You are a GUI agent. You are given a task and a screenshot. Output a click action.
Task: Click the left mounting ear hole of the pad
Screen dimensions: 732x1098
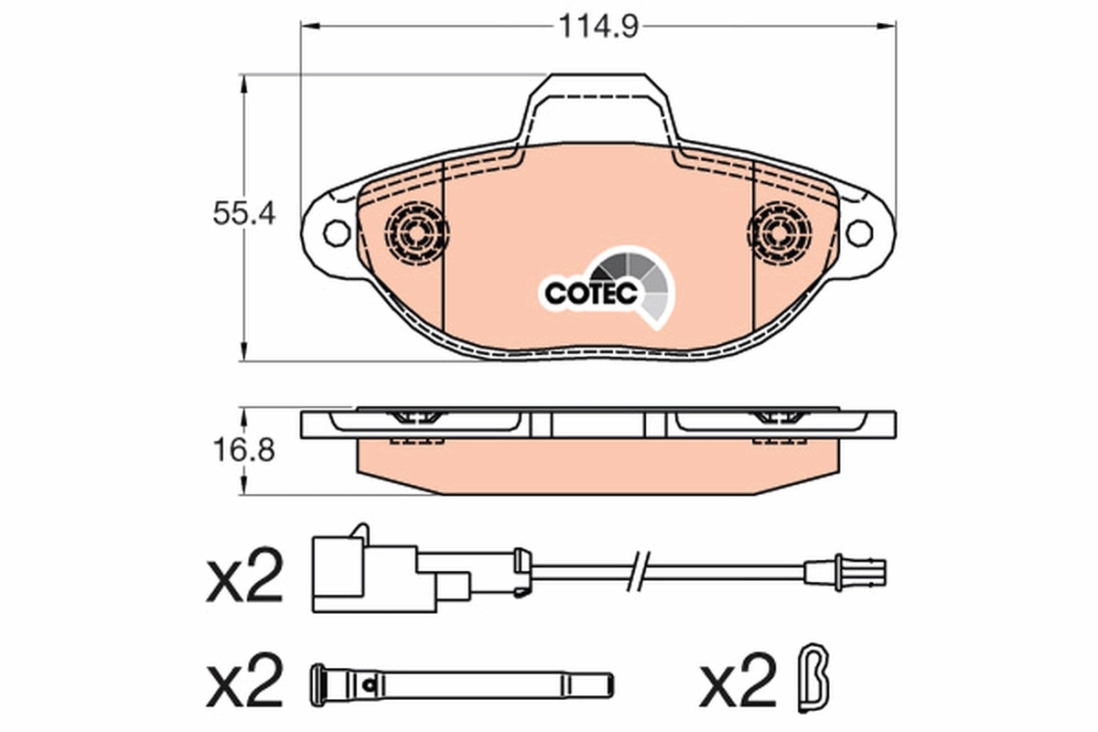click(337, 232)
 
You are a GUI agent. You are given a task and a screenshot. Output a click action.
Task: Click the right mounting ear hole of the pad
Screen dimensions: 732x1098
click(858, 232)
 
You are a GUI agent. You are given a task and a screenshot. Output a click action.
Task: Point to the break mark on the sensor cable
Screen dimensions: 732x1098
click(638, 571)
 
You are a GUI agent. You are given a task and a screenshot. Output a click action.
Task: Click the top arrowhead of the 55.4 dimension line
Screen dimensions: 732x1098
click(243, 84)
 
